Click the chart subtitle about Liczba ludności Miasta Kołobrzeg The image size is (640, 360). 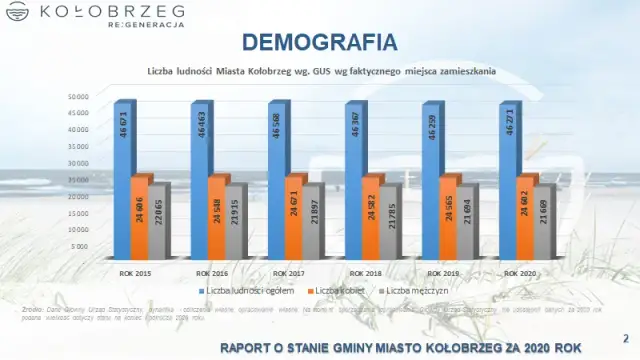coord(320,71)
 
